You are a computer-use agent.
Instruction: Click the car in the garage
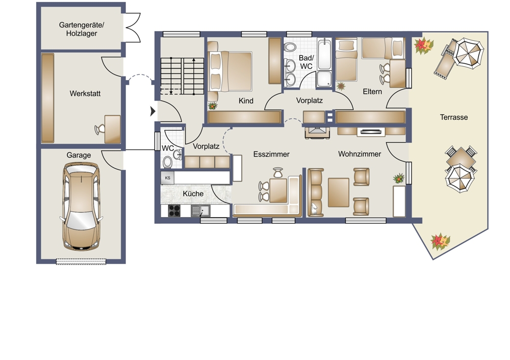pos(81,206)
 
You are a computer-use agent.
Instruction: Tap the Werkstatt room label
pos(85,94)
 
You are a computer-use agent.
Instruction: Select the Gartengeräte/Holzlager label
pos(82,29)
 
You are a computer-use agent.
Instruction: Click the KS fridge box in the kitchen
pos(167,178)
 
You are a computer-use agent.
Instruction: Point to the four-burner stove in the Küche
pos(174,211)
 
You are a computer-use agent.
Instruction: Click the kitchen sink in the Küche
pos(200,211)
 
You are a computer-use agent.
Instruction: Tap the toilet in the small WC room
pos(167,162)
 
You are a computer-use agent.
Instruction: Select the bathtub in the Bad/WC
pos(324,54)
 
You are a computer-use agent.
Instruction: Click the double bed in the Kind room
pos(230,71)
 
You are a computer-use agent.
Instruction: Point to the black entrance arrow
pos(153,111)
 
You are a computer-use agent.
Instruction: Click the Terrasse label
pos(454,117)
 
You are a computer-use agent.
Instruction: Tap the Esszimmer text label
pos(271,154)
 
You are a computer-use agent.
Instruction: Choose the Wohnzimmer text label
pos(360,154)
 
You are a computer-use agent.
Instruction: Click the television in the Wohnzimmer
pos(371,132)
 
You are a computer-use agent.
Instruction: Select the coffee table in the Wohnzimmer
pos(339,192)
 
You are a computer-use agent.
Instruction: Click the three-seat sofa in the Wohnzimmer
pos(316,192)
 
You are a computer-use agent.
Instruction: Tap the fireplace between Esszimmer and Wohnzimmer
pos(317,133)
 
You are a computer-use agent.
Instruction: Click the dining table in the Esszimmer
pos(278,190)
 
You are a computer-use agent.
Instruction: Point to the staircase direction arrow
pos(194,76)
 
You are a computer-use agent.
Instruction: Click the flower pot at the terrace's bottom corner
pos(440,241)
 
